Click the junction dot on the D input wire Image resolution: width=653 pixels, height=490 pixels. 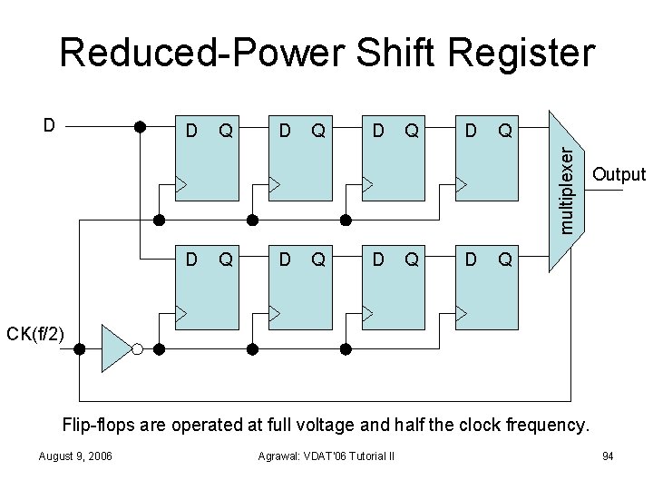141,126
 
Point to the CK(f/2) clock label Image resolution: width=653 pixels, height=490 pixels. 35,335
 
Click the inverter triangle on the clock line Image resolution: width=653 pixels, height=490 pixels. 115,348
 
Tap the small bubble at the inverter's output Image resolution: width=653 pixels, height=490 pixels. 137,348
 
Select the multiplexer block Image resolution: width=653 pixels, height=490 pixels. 566,191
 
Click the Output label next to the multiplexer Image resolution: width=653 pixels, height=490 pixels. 618,174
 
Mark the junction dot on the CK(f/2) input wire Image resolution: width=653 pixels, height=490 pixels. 80,348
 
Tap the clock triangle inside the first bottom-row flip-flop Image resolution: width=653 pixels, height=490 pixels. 181,313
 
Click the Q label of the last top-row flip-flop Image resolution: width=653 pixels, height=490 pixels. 505,132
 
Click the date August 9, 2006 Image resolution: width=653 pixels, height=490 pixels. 76,456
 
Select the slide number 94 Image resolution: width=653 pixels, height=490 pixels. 608,456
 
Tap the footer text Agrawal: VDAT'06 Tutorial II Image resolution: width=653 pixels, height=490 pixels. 326,456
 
